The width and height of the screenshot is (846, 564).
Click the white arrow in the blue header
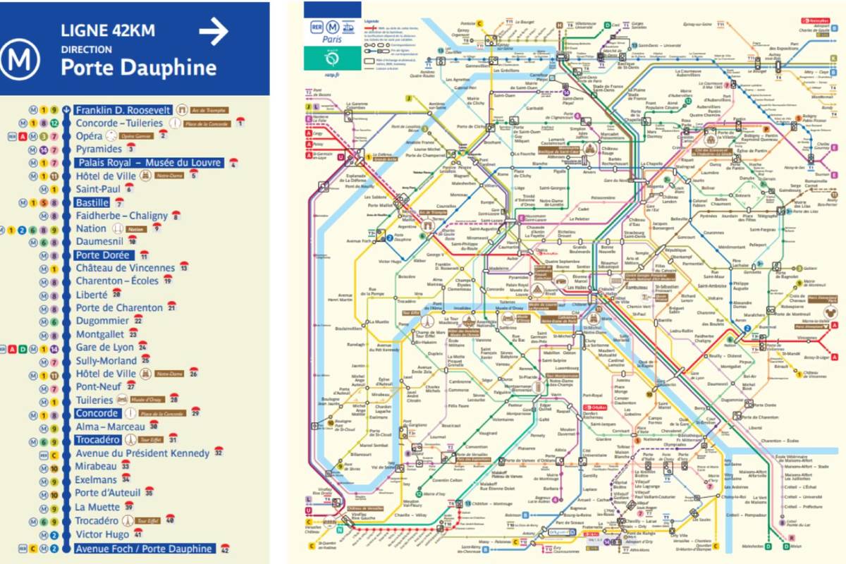[214, 32]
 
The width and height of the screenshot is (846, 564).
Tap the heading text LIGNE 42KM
[108, 31]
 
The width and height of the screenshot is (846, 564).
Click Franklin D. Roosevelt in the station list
[123, 110]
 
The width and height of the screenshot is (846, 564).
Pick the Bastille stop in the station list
[92, 202]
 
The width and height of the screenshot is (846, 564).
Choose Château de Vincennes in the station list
[125, 269]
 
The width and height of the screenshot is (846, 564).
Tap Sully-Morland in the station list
[107, 361]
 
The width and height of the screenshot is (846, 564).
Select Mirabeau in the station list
[97, 466]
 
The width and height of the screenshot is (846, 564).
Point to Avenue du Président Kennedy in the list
[142, 453]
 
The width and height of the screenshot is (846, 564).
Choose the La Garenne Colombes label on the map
[357, 108]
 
